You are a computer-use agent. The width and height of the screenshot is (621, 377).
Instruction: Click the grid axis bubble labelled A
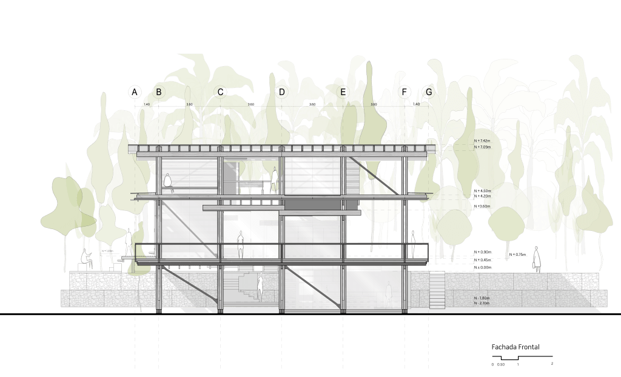pos(135,92)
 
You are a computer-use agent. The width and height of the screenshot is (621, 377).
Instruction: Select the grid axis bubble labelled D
pos(281,92)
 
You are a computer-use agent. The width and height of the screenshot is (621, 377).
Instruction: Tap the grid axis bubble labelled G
pos(429,92)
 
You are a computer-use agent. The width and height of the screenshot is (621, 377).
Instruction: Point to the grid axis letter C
pos(220,92)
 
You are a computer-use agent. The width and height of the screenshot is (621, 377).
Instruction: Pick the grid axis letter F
pos(404,92)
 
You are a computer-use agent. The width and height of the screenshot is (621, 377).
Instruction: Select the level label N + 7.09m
pos(482,147)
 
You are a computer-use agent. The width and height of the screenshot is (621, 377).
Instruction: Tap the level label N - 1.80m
pos(482,298)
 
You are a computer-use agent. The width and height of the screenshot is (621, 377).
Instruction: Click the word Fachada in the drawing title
pos(503,347)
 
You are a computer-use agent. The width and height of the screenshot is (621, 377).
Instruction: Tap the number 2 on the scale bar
pos(552,364)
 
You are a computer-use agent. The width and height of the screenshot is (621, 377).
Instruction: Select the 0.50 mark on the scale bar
pos(501,364)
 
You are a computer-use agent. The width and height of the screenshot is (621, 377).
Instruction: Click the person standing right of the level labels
pos(537,260)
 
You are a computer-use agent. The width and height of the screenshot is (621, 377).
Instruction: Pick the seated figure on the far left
pos(87,261)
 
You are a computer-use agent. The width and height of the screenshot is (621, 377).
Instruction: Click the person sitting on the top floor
pos(168,183)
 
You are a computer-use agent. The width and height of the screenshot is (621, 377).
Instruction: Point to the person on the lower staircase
pos(261,287)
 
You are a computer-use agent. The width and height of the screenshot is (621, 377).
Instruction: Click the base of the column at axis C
pos(220,310)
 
